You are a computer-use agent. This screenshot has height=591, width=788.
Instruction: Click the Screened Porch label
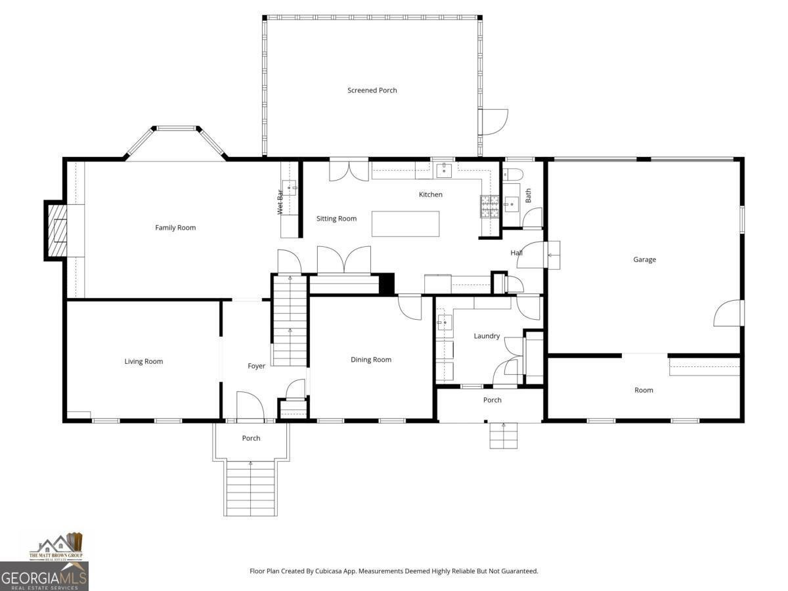pyautogui.click(x=372, y=90)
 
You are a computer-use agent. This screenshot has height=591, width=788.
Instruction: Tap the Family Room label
pyautogui.click(x=175, y=228)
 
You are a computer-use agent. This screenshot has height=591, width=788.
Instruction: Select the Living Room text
pyautogui.click(x=144, y=361)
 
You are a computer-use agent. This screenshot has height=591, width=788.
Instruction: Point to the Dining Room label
pyautogui.click(x=371, y=359)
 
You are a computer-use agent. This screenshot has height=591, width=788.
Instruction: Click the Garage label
pyautogui.click(x=644, y=259)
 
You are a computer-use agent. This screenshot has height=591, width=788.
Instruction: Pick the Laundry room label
pyautogui.click(x=487, y=336)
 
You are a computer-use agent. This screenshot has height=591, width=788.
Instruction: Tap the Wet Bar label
pyautogui.click(x=280, y=202)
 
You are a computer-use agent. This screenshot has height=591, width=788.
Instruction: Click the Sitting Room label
pyautogui.click(x=336, y=219)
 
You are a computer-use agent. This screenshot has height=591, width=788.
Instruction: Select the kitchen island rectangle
pyautogui.click(x=405, y=223)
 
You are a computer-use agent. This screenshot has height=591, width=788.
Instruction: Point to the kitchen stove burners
pyautogui.click(x=489, y=206)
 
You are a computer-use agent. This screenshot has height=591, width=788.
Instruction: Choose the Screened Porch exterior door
pyautogui.click(x=493, y=122)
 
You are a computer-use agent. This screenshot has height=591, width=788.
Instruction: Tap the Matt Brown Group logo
pyautogui.click(x=56, y=547)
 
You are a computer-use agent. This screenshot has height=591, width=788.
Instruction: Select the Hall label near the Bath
pyautogui.click(x=517, y=253)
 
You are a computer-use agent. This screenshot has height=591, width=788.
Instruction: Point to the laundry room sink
pyautogui.click(x=445, y=322)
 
